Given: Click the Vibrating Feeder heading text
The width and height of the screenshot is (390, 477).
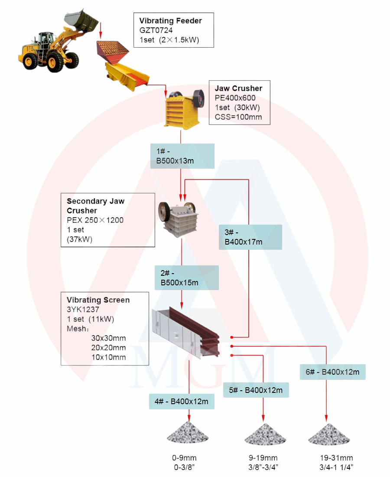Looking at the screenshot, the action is [171, 21].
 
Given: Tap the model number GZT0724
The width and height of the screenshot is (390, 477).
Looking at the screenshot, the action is [156, 30].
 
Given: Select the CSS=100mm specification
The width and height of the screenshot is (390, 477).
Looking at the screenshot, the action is [238, 117].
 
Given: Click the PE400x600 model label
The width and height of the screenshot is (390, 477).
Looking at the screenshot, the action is [235, 98].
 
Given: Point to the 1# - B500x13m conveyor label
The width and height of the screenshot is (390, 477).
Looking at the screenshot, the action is [182, 156].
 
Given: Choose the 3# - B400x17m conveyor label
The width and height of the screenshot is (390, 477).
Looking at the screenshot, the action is [250, 237].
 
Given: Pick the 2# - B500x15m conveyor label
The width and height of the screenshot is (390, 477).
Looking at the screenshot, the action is [187, 278].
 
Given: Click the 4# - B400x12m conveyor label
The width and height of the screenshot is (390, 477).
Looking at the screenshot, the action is [182, 402].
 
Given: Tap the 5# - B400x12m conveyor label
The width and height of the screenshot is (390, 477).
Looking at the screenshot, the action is [256, 390].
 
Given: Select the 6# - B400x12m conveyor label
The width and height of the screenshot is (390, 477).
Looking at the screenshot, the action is [332, 372].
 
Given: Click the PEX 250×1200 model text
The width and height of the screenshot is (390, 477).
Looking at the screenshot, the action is [95, 220].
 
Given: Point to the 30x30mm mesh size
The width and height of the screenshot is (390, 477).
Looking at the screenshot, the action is [108, 338].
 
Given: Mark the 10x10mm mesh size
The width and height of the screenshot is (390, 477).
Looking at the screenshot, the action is [108, 357].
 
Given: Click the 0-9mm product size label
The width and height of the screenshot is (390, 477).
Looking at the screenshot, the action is [184, 458].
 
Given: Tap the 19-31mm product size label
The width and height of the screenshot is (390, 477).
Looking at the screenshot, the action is [336, 458].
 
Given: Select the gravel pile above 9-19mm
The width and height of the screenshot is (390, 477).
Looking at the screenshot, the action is [265, 435].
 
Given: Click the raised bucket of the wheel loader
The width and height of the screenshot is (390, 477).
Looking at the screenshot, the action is [81, 20].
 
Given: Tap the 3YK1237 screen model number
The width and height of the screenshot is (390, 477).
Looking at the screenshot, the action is [83, 310].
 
